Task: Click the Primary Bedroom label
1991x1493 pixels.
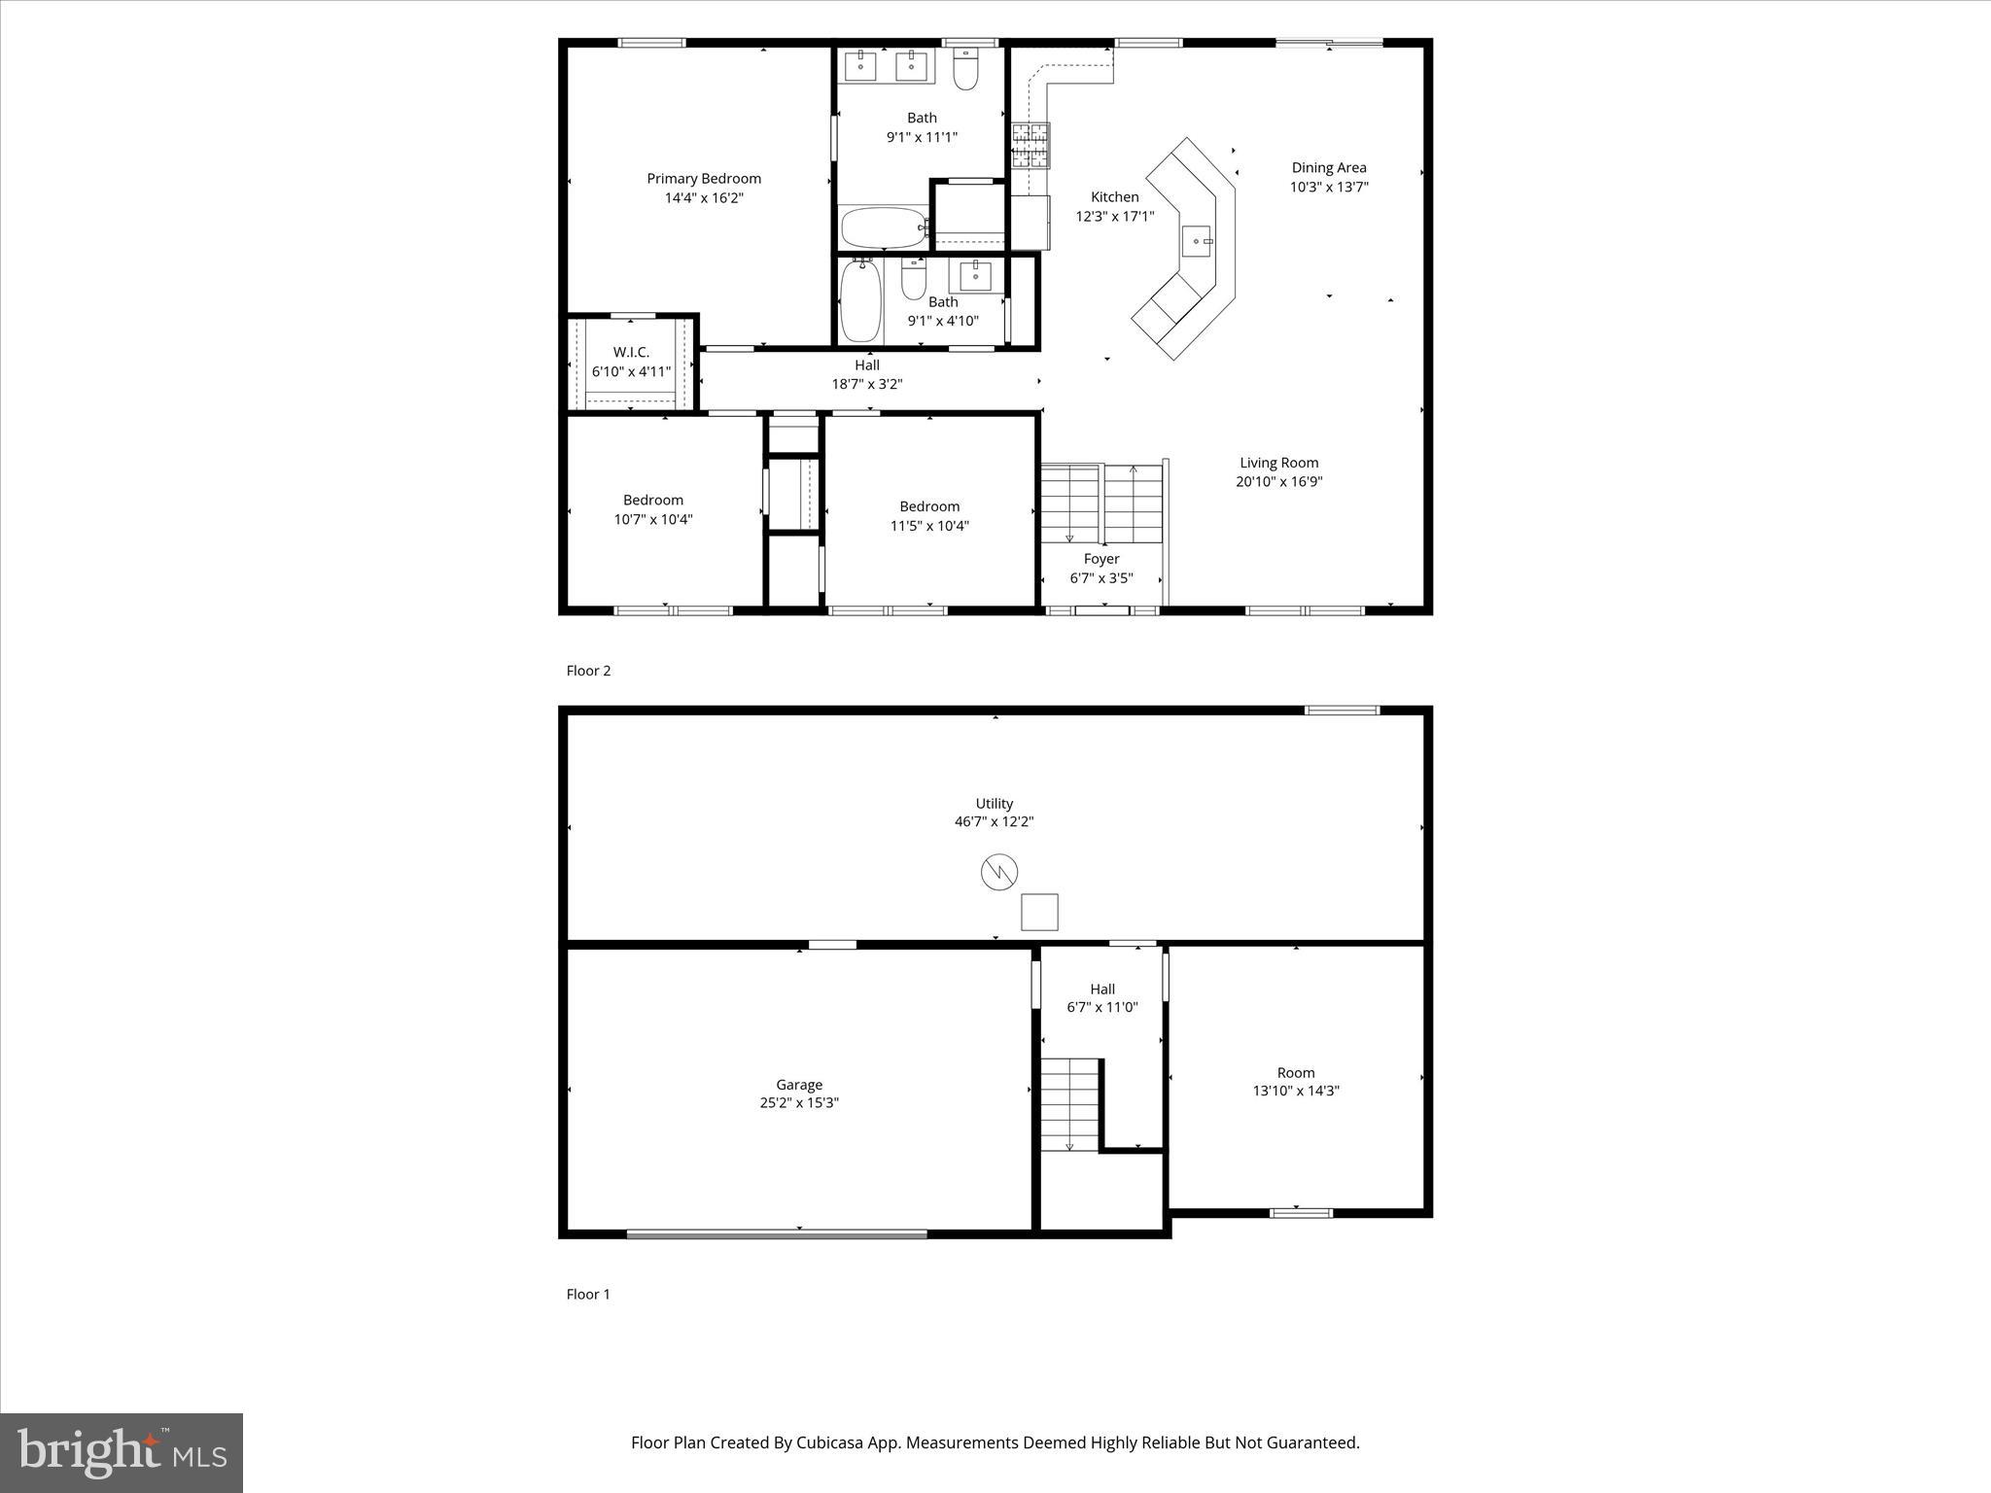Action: tap(704, 179)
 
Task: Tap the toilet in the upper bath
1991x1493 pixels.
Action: tap(965, 71)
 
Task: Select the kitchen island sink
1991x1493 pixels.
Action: tap(1196, 241)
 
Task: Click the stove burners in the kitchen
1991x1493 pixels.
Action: tap(1030, 145)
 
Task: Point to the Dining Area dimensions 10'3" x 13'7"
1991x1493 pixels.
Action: tap(1329, 188)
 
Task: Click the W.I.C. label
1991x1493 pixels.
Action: tap(631, 353)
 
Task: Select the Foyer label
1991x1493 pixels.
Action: tap(1101, 559)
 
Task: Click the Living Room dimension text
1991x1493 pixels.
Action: tap(1279, 482)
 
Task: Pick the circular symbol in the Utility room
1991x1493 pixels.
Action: tap(998, 872)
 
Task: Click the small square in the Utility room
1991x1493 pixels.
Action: tap(1039, 912)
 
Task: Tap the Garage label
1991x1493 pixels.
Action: tap(799, 1085)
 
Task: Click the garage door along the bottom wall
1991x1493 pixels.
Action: tap(777, 1234)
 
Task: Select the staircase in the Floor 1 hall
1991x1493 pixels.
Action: tap(1069, 1105)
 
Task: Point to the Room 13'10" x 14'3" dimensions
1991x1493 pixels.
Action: tap(1296, 1091)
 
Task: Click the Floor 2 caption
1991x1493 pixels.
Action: tap(588, 671)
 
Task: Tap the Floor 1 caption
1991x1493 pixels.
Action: tap(588, 1295)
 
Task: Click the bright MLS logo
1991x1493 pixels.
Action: tap(122, 1453)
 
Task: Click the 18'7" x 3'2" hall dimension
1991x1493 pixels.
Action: tap(867, 385)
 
